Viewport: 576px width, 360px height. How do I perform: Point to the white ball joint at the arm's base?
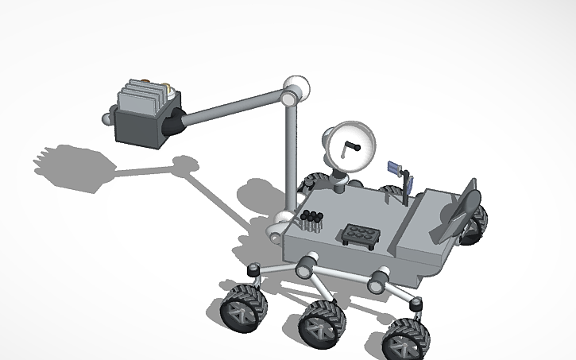(x=284, y=223)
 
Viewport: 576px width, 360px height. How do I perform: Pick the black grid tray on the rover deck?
(x=361, y=236)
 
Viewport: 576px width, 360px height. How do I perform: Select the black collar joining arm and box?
(x=172, y=122)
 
